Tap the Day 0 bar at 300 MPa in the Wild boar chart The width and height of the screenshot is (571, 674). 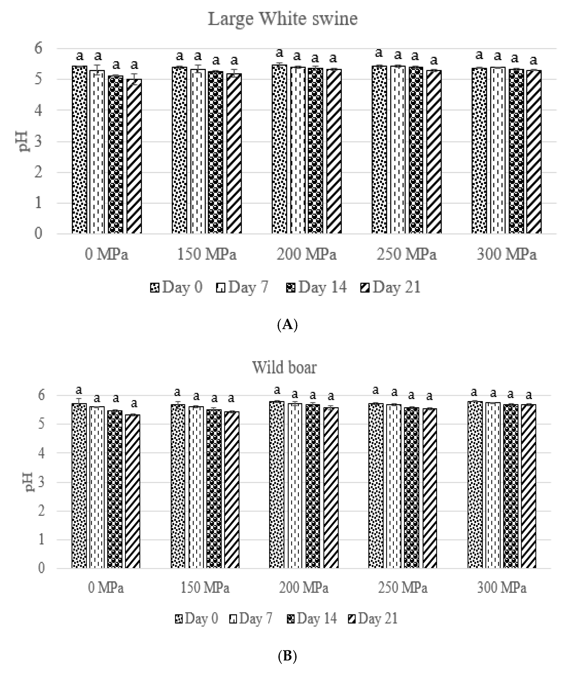click(x=475, y=486)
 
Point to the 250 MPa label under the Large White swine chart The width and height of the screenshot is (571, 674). click(x=406, y=254)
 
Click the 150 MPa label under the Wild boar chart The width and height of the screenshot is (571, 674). click(x=205, y=588)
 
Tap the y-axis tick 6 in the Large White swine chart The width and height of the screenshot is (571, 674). click(x=38, y=49)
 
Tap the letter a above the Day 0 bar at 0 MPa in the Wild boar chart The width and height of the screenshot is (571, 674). click(x=79, y=390)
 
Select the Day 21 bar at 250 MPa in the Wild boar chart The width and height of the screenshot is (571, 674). click(x=429, y=489)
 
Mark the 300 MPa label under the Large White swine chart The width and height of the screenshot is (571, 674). click(x=507, y=254)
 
